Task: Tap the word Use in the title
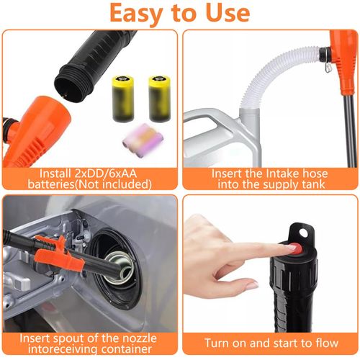(228, 12)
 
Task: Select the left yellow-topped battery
(123, 99)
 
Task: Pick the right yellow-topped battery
(160, 98)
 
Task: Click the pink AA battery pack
(143, 140)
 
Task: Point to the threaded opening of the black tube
(70, 86)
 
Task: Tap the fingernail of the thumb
(252, 285)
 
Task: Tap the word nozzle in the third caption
(140, 338)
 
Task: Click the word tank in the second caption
(314, 184)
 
